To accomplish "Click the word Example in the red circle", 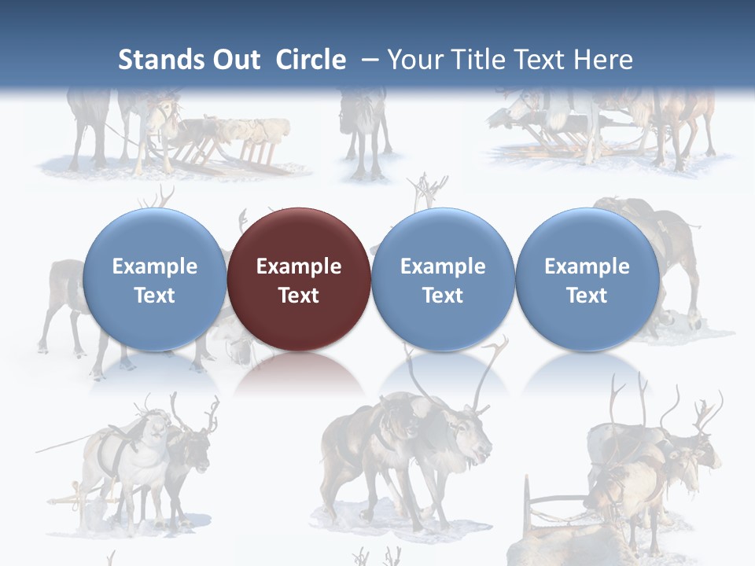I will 299,266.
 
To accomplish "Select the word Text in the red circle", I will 299,296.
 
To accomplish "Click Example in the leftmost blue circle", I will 155,266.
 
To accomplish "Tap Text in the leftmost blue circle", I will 155,296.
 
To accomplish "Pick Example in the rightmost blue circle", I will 587,266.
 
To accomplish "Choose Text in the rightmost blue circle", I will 587,296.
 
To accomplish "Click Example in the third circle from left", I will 443,266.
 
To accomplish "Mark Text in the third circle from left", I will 443,296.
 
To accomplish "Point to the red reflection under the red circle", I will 299,373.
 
